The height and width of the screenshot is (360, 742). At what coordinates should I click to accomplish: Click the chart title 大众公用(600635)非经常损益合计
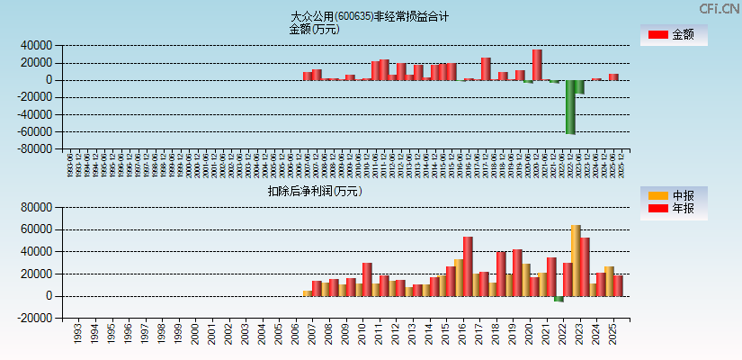tap(370, 16)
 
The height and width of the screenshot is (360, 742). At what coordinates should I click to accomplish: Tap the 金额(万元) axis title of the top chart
tap(314, 29)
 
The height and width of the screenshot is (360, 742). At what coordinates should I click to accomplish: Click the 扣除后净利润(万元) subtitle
tap(314, 191)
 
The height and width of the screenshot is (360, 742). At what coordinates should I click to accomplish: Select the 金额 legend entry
tap(673, 34)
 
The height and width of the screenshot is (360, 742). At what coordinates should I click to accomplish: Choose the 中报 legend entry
tap(673, 195)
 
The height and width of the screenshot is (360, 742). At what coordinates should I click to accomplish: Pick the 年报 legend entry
tap(673, 209)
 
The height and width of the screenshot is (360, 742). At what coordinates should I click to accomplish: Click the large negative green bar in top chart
tap(570, 106)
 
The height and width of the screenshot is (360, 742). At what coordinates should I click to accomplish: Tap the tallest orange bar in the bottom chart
tap(576, 260)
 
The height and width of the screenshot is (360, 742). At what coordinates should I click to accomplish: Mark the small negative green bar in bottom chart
tap(559, 299)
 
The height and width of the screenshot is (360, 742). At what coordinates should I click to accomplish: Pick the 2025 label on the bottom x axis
tap(611, 334)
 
